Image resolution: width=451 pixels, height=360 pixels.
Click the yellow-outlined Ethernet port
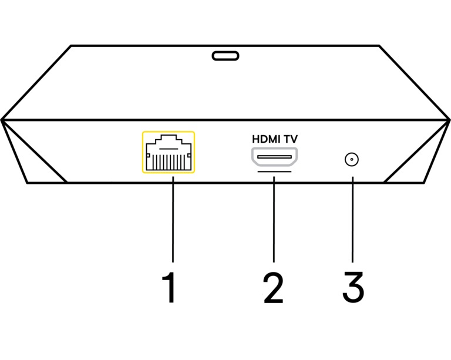pos(168,152)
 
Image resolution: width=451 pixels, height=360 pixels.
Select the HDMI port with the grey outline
pos(274,157)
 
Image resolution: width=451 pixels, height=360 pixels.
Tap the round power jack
pos(351,159)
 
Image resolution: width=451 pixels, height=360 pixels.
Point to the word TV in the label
pos(291,140)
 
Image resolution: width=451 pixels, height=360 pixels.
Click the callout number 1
pos(169,288)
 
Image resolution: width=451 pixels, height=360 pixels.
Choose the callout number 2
pos(274,288)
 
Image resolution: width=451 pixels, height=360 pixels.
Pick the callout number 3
pos(352,288)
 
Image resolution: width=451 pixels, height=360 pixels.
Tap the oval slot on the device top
pos(225,56)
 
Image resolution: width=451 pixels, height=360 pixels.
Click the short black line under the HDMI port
pos(274,172)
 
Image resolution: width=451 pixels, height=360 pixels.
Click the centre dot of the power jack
pos(351,159)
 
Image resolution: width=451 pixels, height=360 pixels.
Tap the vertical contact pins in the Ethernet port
pos(168,162)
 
